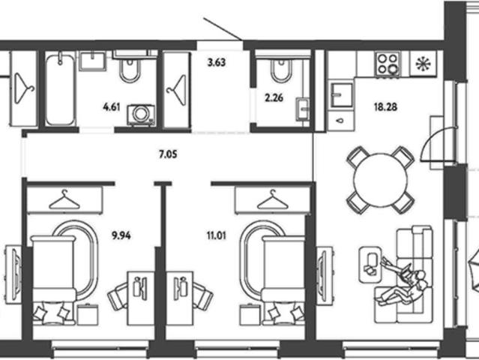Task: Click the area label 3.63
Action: coord(217,63)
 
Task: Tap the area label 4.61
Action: coord(112,107)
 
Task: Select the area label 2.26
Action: coord(274,98)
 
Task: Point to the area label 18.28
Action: coord(385,107)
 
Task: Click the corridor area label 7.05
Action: coord(168,154)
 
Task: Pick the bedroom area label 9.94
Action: coord(121,235)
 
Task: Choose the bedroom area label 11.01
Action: coord(217,235)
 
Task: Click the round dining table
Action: coord(380,180)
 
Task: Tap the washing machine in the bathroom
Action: coord(141,115)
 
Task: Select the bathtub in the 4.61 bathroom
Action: coord(60,88)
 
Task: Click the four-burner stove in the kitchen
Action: coord(388,64)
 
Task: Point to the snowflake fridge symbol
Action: coord(424,64)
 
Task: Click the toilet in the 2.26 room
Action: coord(281,71)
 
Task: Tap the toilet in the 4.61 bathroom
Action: coord(130,70)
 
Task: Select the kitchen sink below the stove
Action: coord(342,94)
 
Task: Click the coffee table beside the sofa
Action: coord(370,264)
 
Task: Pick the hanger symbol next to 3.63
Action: coord(176,90)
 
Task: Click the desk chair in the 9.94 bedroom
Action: coord(118,296)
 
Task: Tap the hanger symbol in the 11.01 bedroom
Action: coord(273,199)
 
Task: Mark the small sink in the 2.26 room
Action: coord(302,109)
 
